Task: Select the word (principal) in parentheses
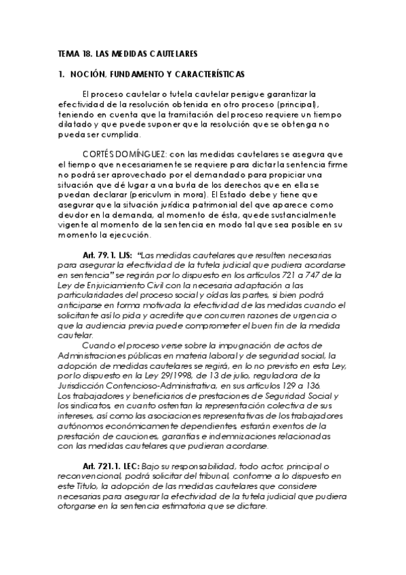point(293,105)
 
